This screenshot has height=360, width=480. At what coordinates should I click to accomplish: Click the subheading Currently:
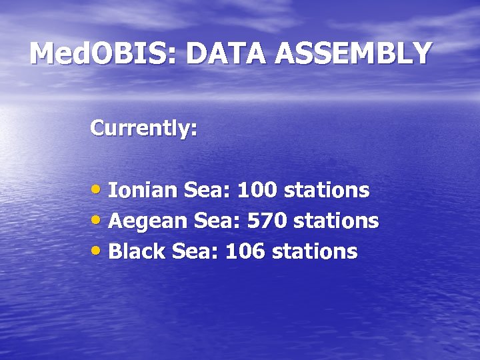coord(143,127)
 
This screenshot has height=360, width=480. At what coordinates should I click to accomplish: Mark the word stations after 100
coord(327,191)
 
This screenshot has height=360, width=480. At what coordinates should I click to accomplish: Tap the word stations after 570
coord(337,221)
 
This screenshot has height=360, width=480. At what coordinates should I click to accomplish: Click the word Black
coord(137,251)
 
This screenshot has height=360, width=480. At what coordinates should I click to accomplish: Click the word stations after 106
coord(315,251)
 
